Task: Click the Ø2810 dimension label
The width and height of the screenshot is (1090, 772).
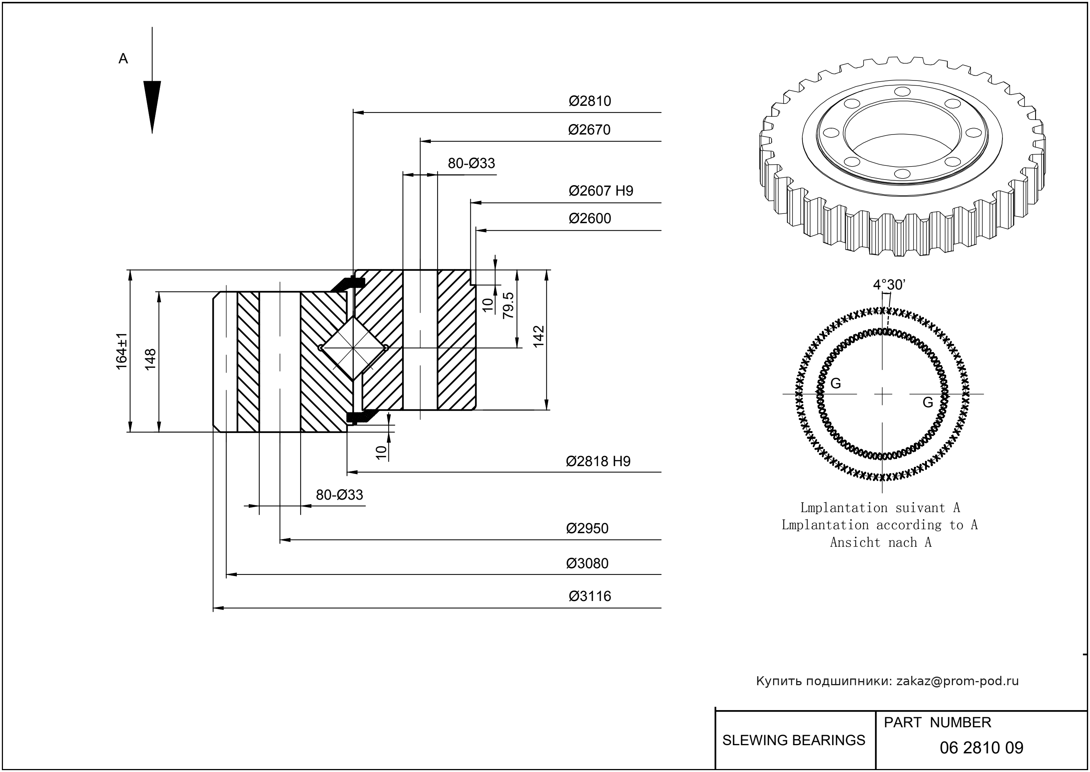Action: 590,101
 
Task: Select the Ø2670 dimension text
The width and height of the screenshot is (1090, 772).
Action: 589,129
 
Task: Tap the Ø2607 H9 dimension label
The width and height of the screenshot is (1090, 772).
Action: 601,191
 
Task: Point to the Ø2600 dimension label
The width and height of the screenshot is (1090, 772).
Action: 590,218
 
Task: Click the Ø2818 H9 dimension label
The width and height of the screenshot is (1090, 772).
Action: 598,461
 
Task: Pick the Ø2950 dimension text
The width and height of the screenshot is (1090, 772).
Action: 587,528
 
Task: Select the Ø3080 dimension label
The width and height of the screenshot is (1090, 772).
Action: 587,563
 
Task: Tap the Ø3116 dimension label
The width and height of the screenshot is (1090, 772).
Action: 590,596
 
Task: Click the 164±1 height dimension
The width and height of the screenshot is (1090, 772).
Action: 122,351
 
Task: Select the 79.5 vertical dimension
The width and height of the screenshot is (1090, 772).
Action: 508,305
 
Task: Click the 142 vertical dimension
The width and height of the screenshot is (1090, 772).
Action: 538,336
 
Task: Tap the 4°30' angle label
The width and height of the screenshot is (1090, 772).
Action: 889,285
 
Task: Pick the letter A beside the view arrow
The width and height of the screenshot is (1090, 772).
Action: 123,58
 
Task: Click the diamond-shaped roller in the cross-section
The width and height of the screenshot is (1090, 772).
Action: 353,348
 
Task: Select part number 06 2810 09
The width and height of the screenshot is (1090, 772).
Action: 981,748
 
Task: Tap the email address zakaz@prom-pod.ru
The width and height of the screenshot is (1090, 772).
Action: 957,681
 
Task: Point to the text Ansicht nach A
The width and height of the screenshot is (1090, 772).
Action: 880,542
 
